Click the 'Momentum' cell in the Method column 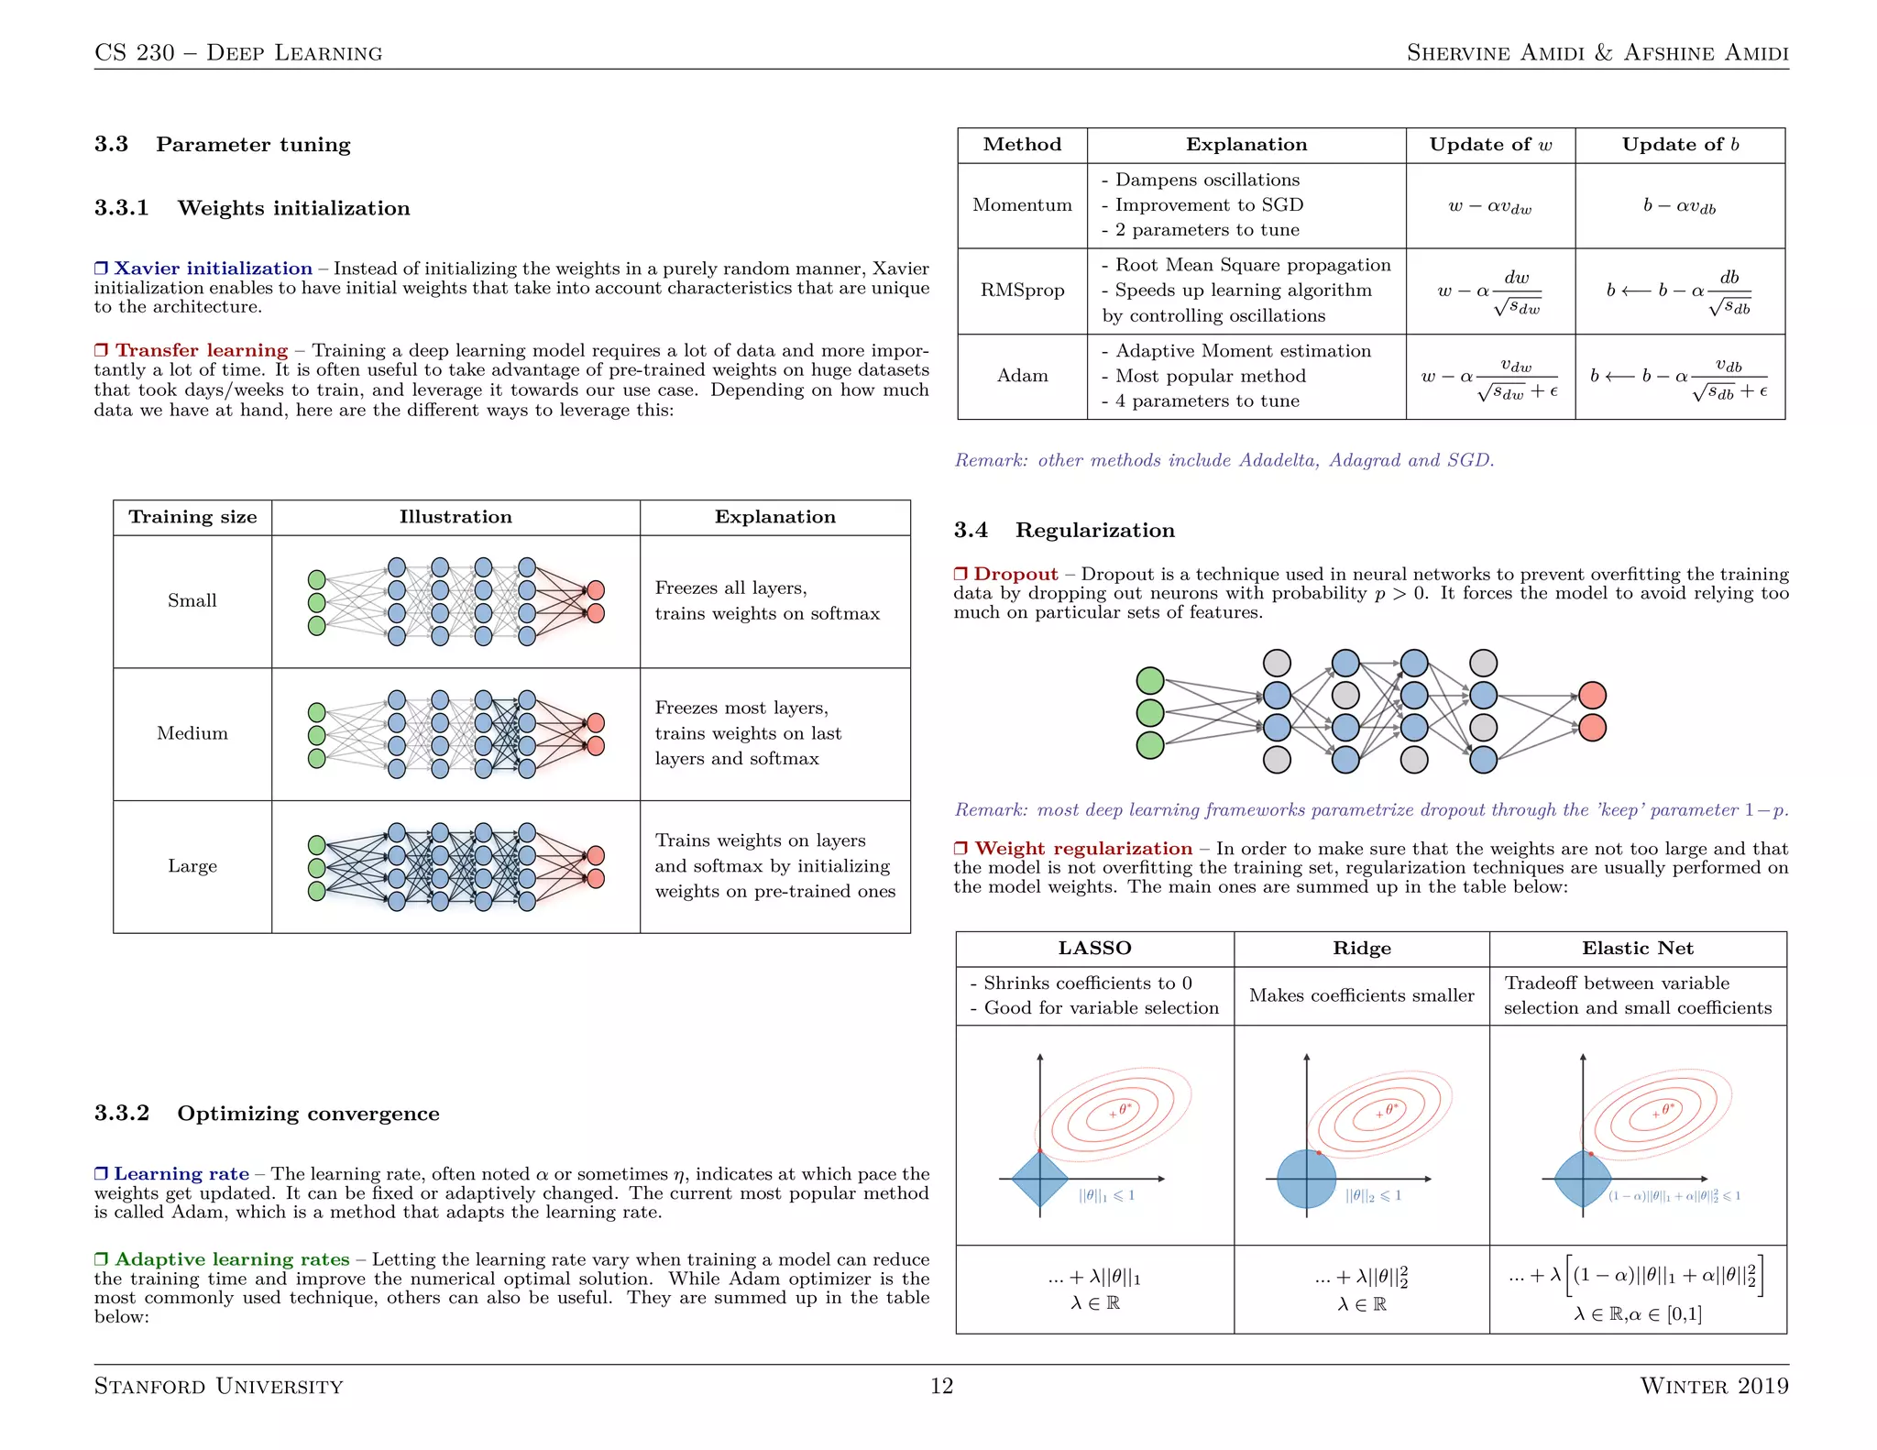tap(1022, 205)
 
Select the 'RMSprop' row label tap(1022, 291)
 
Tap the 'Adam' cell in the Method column tap(1022, 376)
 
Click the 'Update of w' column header tap(1490, 145)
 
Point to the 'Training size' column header tap(192, 517)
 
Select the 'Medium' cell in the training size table tap(192, 733)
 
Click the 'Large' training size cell tap(192, 866)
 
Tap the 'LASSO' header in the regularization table tap(1094, 949)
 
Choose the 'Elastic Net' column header tap(1637, 949)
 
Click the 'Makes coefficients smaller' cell tap(1361, 995)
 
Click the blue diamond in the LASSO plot tap(1040, 1179)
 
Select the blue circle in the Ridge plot tap(1306, 1179)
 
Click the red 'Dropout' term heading tap(1015, 575)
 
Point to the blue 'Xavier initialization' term tap(212, 269)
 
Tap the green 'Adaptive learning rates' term tap(231, 1259)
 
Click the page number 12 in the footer tap(941, 1386)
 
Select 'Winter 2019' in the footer tap(1713, 1386)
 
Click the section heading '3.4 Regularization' tap(1064, 531)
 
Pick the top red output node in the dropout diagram tap(1592, 696)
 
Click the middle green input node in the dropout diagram tap(1149, 712)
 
